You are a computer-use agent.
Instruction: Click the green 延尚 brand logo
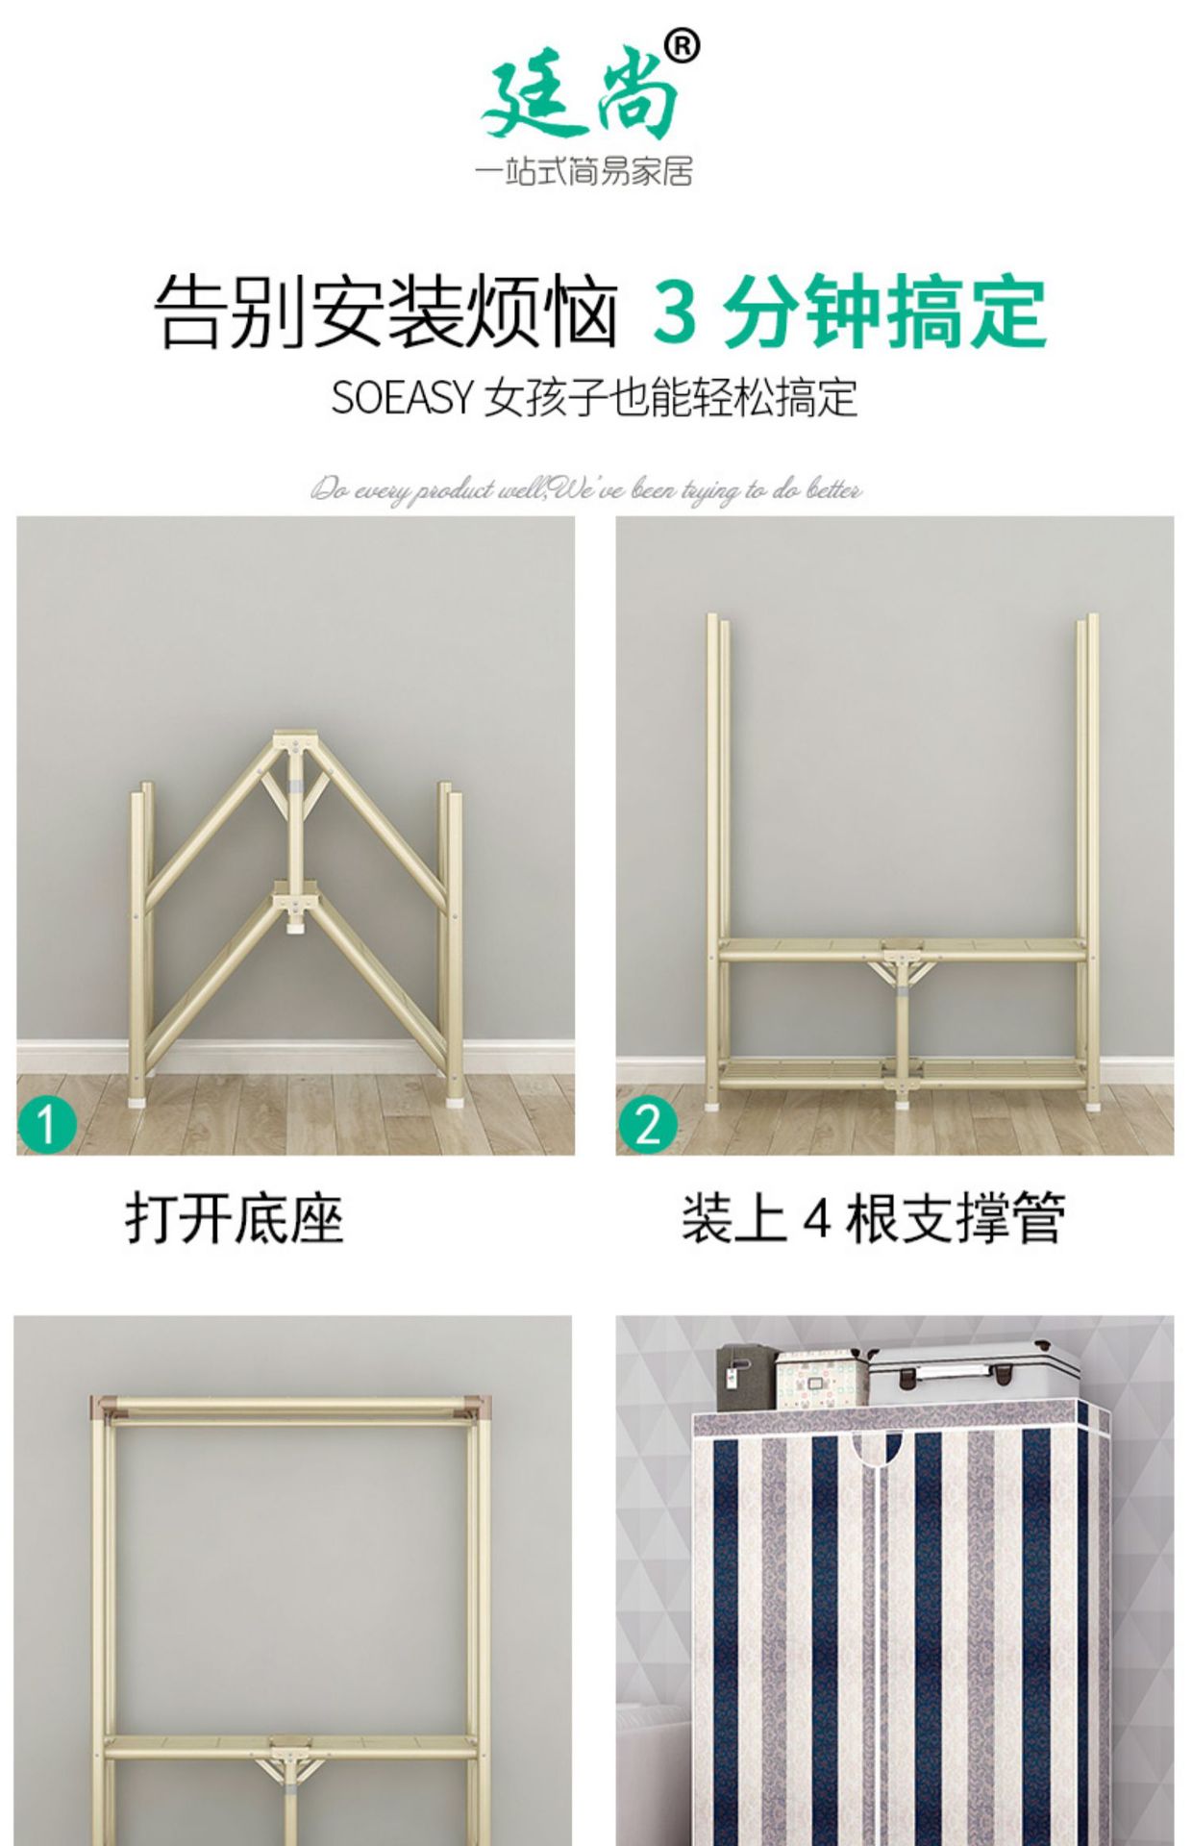(580, 94)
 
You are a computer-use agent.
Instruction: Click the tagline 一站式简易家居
(584, 173)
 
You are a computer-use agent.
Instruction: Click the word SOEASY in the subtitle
(402, 397)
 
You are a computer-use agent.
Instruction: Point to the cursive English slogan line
(585, 490)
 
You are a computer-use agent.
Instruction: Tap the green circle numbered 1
(46, 1124)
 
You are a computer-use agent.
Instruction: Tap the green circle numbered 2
(647, 1124)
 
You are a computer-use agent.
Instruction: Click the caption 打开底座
(234, 1218)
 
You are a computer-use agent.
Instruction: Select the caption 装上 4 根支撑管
(873, 1218)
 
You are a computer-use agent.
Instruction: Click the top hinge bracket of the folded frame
(296, 743)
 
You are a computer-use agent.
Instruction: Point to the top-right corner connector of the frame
(478, 1405)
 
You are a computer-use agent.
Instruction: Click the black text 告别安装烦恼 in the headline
(385, 312)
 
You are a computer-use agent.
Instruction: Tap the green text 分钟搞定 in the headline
(884, 312)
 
